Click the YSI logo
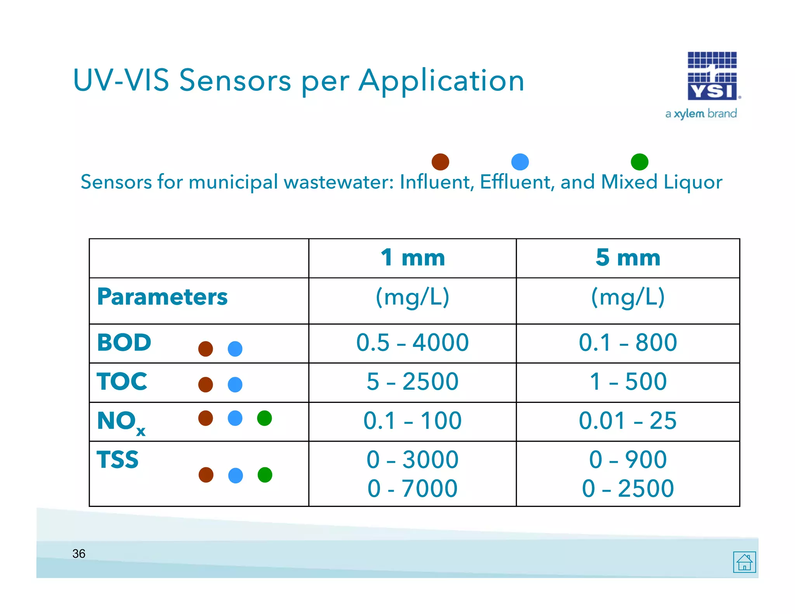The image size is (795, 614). tap(712, 76)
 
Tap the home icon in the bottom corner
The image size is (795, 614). tap(744, 562)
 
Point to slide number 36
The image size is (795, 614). tap(79, 553)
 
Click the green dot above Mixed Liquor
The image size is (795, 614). tap(639, 162)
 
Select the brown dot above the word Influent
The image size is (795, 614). tap(440, 162)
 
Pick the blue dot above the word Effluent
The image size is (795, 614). tap(520, 162)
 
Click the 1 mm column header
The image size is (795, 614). tap(412, 258)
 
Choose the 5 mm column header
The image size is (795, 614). tap(628, 258)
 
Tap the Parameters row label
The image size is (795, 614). tap(162, 297)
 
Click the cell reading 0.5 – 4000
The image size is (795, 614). tap(412, 343)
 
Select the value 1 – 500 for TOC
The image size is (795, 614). tap(628, 382)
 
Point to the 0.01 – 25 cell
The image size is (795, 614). tap(628, 421)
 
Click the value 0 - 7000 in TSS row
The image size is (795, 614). tap(412, 488)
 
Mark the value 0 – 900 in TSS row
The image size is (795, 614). tap(628, 460)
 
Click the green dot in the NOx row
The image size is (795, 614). tap(264, 418)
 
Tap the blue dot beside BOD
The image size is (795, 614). tap(235, 349)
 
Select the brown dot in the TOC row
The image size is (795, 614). tap(205, 385)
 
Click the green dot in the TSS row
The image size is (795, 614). tap(265, 475)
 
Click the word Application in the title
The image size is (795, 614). tap(441, 81)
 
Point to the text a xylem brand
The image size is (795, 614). tap(701, 114)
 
